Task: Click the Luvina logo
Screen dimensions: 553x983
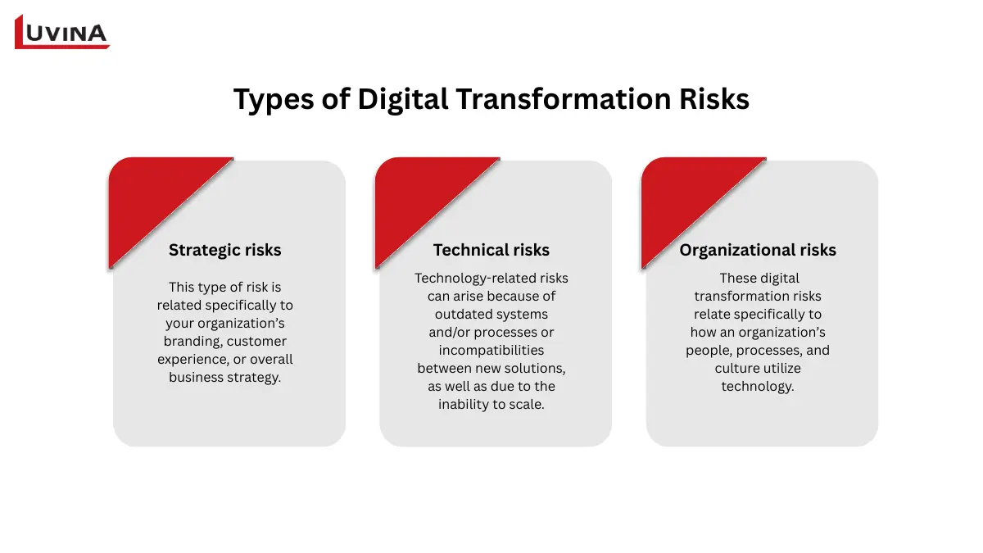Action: tap(62, 32)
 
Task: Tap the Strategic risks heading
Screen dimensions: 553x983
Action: tap(224, 250)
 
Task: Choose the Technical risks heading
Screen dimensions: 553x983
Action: tap(491, 250)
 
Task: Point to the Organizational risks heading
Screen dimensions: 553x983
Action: tap(758, 250)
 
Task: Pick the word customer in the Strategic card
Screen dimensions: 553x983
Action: tap(257, 342)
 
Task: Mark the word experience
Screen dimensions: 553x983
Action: tap(190, 360)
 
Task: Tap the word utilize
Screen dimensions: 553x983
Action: tap(781, 369)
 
